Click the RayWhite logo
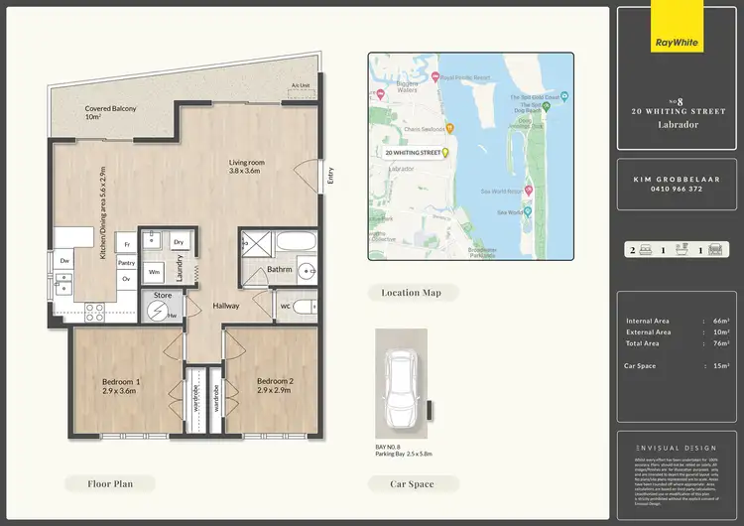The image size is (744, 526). tap(679, 42)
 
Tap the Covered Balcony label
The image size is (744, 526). tap(110, 113)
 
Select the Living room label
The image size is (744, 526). tap(244, 166)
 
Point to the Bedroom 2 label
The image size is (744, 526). tap(273, 386)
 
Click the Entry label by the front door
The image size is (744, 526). tap(330, 176)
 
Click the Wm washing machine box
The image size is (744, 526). tap(155, 271)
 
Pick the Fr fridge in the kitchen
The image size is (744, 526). tap(126, 243)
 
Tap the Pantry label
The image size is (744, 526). tap(126, 263)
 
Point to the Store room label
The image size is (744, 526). tap(162, 295)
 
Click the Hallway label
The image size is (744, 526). tap(225, 306)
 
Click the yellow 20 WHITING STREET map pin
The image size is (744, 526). tap(445, 153)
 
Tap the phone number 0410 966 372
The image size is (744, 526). tap(675, 189)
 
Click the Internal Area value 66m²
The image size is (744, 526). tap(721, 321)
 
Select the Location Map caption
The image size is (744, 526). tap(411, 293)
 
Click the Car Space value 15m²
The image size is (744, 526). tap(721, 366)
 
